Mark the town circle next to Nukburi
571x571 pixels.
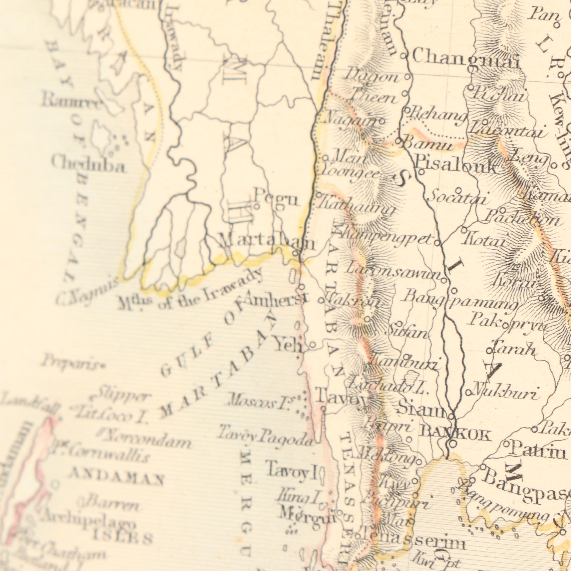468,393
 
